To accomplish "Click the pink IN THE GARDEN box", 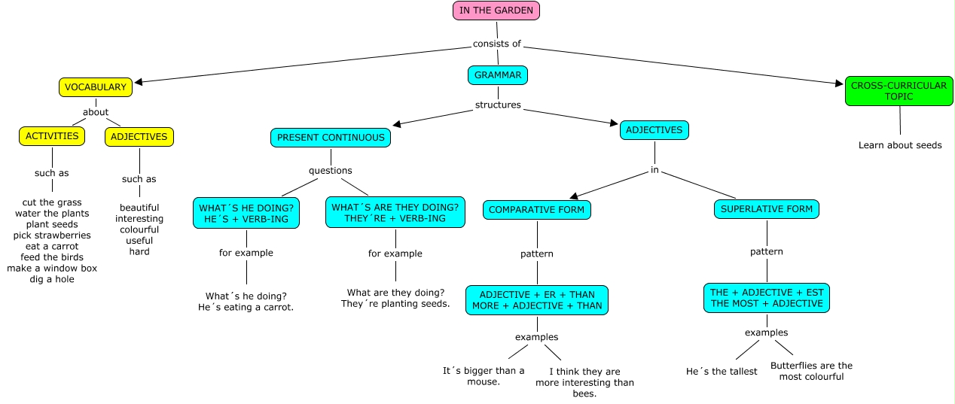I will tap(496, 11).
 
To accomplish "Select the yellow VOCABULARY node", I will tap(96, 87).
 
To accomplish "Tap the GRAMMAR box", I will tap(498, 75).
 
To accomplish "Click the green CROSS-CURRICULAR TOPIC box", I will tap(899, 91).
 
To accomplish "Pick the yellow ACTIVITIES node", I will tap(52, 136).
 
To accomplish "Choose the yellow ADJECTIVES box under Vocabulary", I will tap(139, 136).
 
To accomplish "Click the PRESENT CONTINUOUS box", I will tap(331, 138).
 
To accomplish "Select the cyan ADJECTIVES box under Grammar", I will tap(654, 130).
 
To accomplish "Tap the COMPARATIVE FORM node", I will tap(537, 210).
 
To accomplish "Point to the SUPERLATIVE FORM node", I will tap(766, 209).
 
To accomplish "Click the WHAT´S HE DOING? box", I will tap(247, 213).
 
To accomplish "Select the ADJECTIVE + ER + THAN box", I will tap(537, 300).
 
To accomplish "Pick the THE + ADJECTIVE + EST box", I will tap(767, 298).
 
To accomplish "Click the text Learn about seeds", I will tap(900, 145).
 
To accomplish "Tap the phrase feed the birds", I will tap(52, 257).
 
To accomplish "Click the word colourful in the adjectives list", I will tap(139, 229).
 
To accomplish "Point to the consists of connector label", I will tap(496, 44).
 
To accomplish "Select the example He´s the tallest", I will tap(722, 372).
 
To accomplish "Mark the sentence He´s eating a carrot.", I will tap(246, 308).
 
